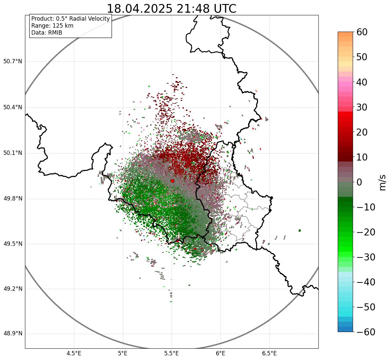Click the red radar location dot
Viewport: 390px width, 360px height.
pyautogui.click(x=172, y=181)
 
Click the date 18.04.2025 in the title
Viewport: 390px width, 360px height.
pyautogui.click(x=139, y=9)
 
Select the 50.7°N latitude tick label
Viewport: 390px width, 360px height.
pyautogui.click(x=13, y=61)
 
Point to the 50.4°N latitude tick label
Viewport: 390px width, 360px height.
pyautogui.click(x=13, y=107)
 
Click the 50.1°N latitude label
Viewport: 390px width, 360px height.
pyautogui.click(x=13, y=153)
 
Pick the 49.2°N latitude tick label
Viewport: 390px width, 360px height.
pyautogui.click(x=13, y=289)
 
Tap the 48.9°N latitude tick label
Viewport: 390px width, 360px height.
pyautogui.click(x=13, y=334)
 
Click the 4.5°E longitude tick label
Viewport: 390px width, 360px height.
pyautogui.click(x=74, y=353)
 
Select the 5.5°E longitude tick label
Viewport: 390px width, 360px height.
pyautogui.click(x=172, y=353)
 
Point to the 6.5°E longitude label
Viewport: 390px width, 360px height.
pyautogui.click(x=269, y=353)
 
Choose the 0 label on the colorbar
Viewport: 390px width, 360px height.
pyautogui.click(x=359, y=182)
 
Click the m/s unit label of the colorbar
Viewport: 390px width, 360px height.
pyautogui.click(x=383, y=182)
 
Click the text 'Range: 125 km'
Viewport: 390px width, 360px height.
pyautogui.click(x=52, y=26)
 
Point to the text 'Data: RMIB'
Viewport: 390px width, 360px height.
pyautogui.click(x=47, y=33)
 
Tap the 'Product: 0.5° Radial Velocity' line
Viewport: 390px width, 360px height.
pyautogui.click(x=70, y=19)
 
